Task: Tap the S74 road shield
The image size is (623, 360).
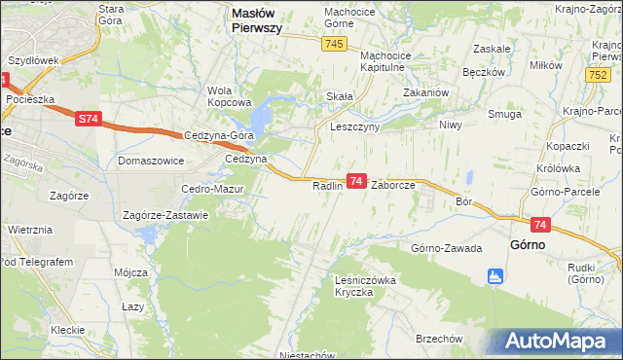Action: (89, 118)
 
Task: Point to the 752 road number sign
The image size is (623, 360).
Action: (599, 75)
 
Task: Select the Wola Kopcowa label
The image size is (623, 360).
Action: (230, 96)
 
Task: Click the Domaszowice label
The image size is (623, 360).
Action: (150, 160)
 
